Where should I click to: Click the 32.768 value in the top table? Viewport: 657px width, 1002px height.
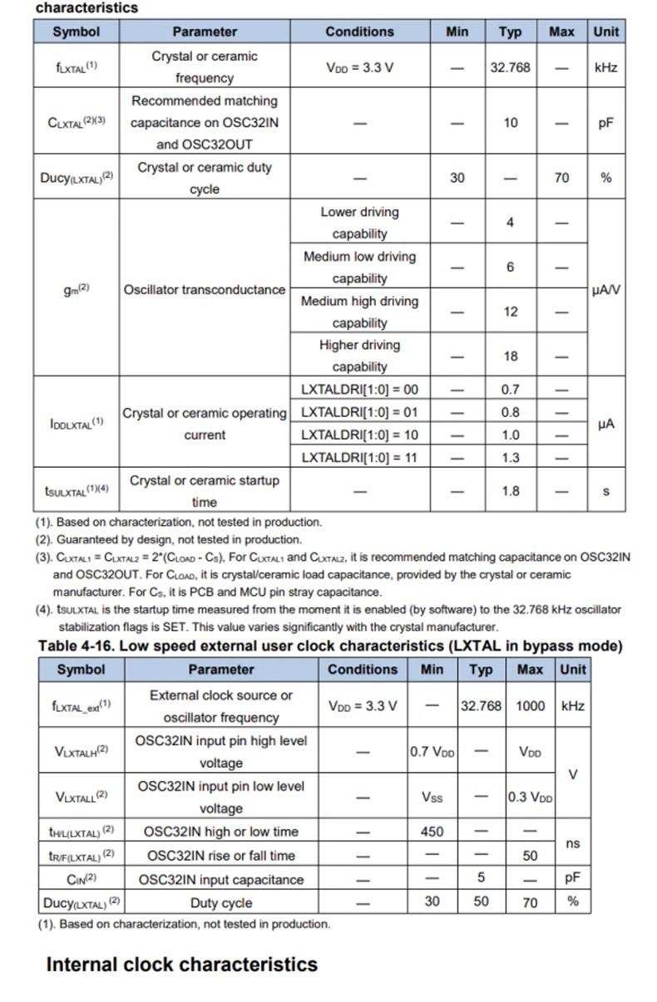[510, 67]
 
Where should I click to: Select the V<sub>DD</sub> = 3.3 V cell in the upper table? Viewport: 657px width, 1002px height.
[359, 67]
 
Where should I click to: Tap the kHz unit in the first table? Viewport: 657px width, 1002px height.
[605, 67]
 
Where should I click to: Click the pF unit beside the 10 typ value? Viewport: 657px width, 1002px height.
[605, 122]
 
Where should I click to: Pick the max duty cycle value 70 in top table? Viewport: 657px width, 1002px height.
[561, 178]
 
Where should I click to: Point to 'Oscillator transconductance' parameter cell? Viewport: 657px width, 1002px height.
[205, 290]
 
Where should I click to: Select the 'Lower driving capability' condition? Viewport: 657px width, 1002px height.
[359, 223]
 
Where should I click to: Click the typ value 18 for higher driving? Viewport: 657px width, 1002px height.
[510, 356]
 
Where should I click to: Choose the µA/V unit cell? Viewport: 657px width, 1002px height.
[605, 290]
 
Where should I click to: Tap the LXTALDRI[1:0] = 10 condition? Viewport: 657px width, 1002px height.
[359, 435]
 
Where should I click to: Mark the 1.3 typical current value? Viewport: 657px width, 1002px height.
[510, 457]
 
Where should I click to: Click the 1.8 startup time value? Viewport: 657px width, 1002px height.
[510, 491]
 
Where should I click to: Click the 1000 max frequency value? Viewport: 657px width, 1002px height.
[531, 705]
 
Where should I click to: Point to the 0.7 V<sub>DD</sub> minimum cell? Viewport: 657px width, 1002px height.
[432, 752]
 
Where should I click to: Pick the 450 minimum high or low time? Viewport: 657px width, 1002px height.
[432, 832]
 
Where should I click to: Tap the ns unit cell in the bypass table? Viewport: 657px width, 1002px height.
[572, 843]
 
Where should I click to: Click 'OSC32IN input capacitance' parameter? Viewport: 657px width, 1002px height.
[221, 879]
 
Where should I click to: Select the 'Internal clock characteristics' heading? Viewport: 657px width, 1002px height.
[181, 965]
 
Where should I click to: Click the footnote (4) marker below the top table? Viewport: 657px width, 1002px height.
[43, 610]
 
